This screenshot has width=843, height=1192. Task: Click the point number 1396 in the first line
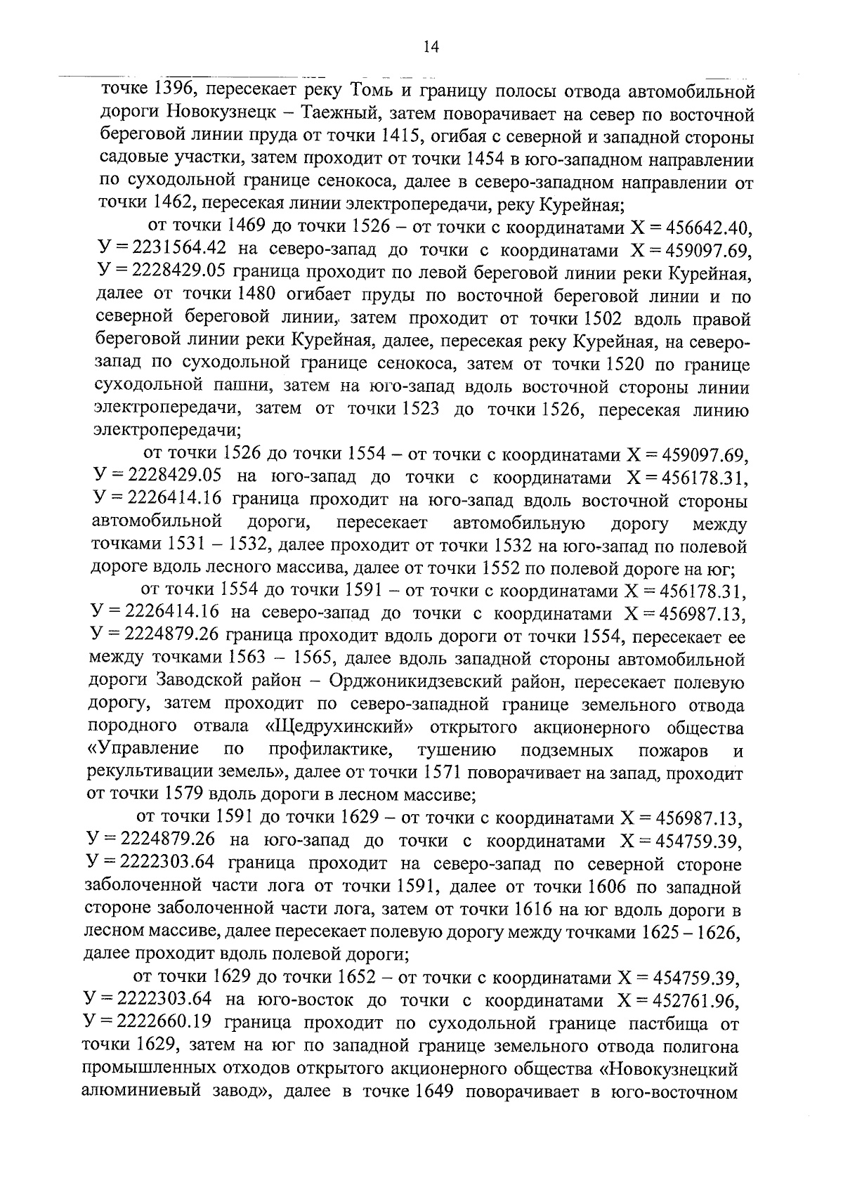171,89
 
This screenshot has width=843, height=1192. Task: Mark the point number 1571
443,773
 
